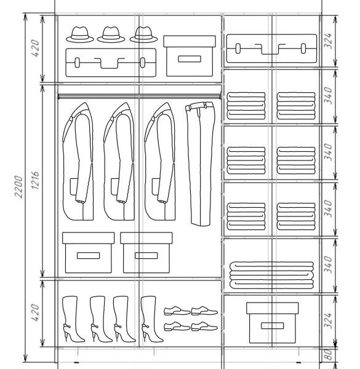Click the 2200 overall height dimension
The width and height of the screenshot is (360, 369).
point(18,186)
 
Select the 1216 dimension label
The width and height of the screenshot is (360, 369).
point(35,180)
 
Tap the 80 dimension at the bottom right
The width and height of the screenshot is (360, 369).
point(329,355)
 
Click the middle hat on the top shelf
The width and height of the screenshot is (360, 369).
point(111,34)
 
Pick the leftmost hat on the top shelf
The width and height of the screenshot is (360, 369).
point(80,34)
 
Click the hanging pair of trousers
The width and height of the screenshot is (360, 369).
point(201,164)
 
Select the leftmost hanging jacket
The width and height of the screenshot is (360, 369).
point(78,162)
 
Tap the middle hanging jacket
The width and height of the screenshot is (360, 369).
point(119,162)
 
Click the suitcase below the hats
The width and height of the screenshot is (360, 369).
point(111,63)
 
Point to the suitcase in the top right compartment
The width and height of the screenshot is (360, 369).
point(271,49)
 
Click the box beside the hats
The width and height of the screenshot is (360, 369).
point(190,56)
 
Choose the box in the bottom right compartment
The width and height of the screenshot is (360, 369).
point(273,323)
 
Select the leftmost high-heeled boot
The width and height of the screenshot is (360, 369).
point(73,319)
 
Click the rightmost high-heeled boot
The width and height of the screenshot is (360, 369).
point(151,319)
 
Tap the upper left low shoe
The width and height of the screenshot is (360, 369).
point(177,311)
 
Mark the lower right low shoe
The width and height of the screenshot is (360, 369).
point(204,327)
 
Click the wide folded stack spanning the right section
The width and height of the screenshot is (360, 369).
point(272,275)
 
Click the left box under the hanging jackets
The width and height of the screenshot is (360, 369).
point(88,253)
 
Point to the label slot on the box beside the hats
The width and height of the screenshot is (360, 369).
point(190,59)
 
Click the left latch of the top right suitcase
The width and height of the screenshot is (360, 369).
point(238,49)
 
